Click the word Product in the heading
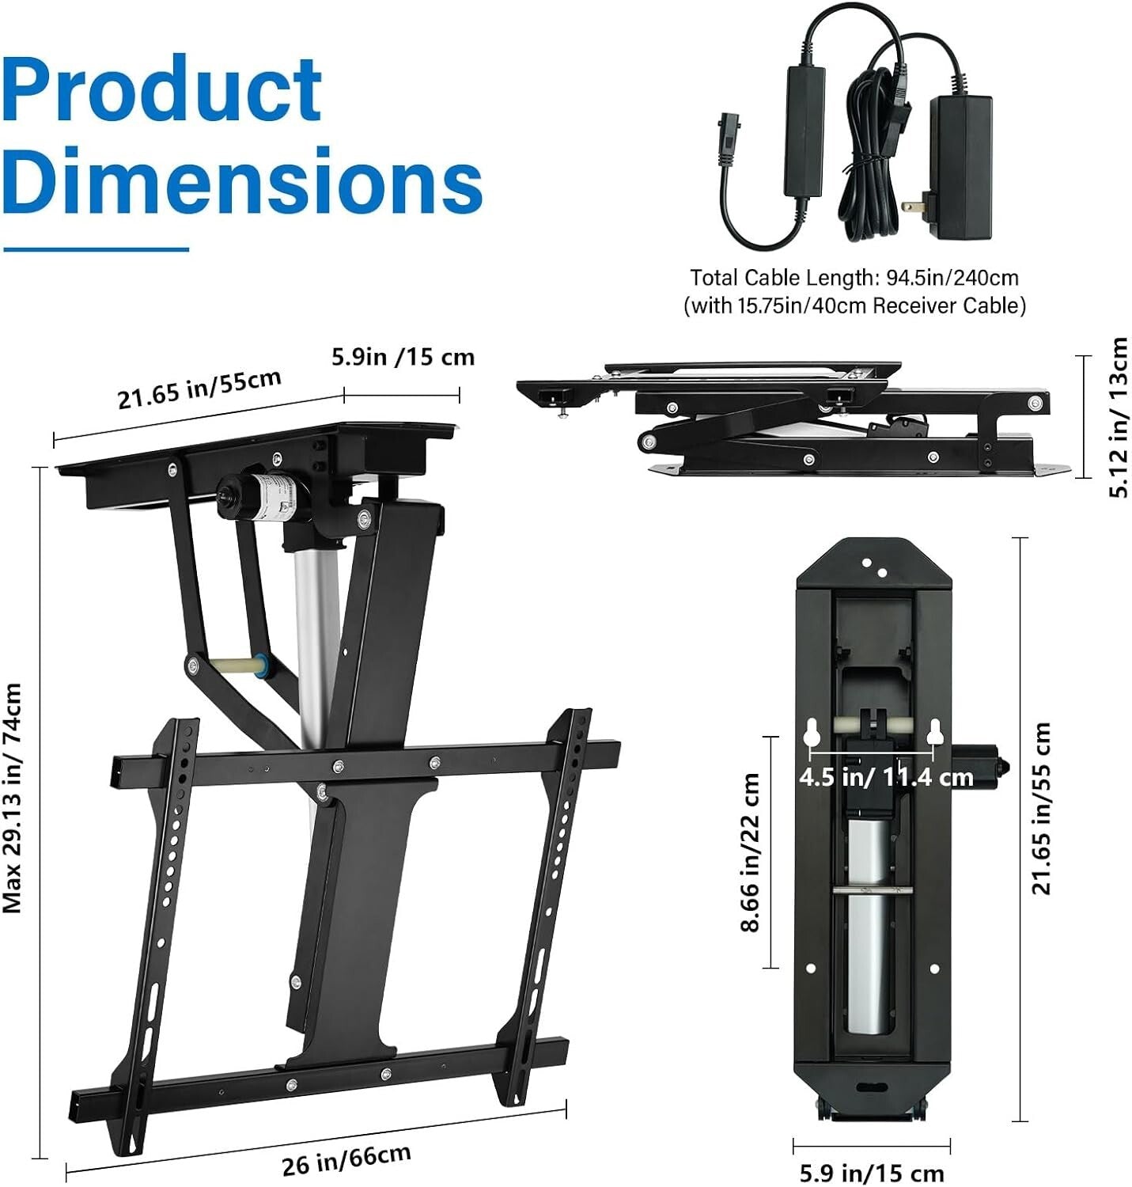pyautogui.click(x=162, y=89)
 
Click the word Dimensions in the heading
pyautogui.click(x=241, y=180)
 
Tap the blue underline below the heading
pyautogui.click(x=96, y=249)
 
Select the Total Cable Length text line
pyautogui.click(x=854, y=278)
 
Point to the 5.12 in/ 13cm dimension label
pyautogui.click(x=1118, y=417)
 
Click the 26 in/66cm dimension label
pyautogui.click(x=346, y=1159)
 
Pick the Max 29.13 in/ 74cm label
pyautogui.click(x=13, y=799)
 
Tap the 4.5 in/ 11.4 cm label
pyautogui.click(x=885, y=777)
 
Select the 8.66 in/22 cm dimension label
pyautogui.click(x=751, y=852)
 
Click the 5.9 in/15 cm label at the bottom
pyautogui.click(x=871, y=1172)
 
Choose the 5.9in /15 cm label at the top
pyautogui.click(x=403, y=357)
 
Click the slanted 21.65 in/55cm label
pyautogui.click(x=199, y=388)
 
